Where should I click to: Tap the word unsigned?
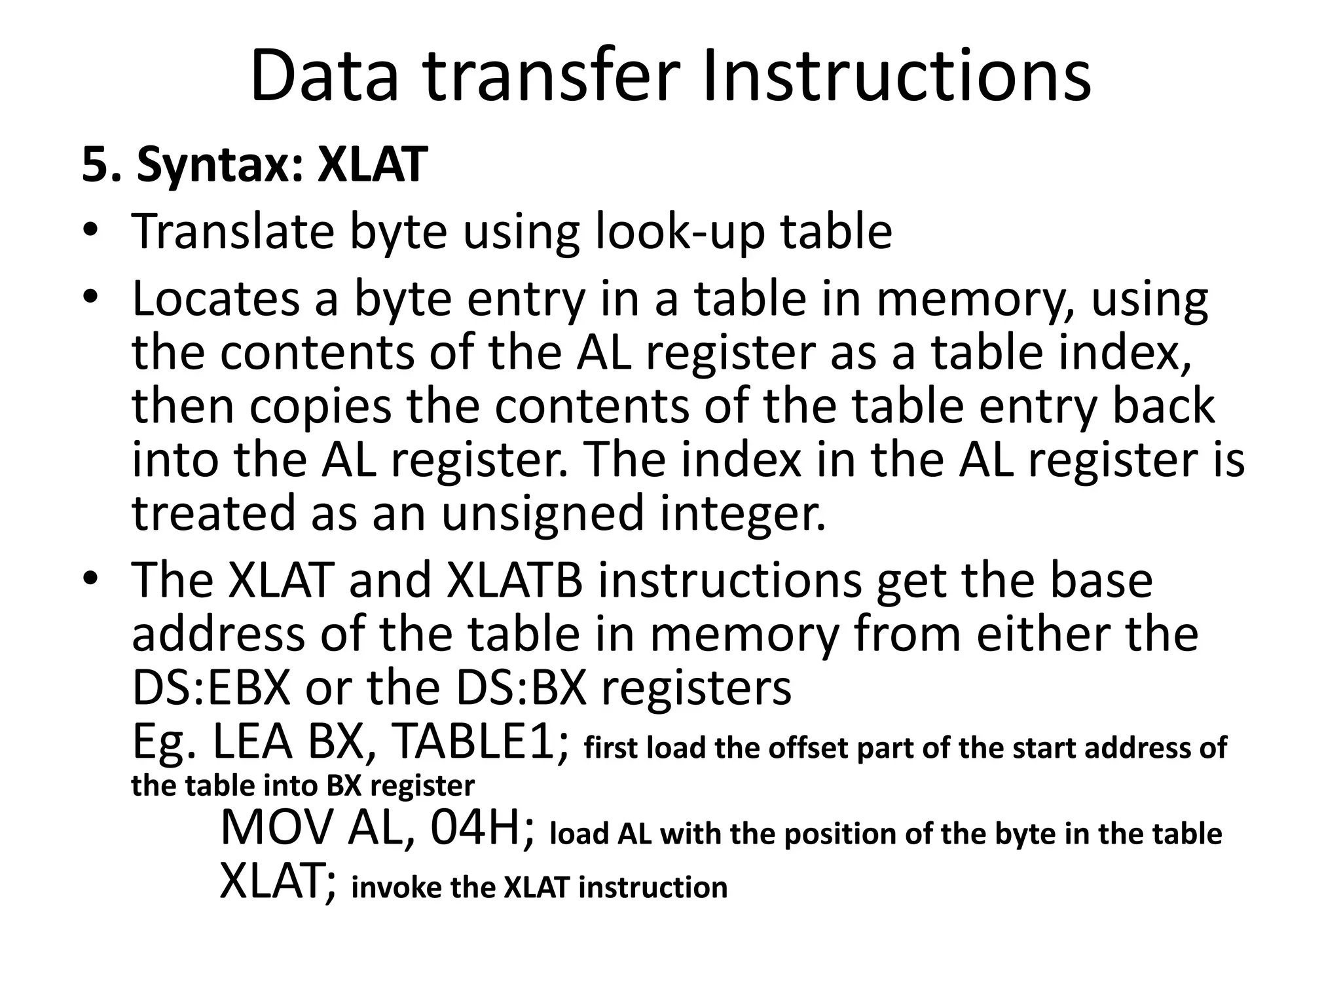tap(543, 513)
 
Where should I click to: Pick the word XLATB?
tap(514, 581)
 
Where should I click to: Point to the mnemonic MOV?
tap(278, 829)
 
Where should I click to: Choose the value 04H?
tap(482, 829)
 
